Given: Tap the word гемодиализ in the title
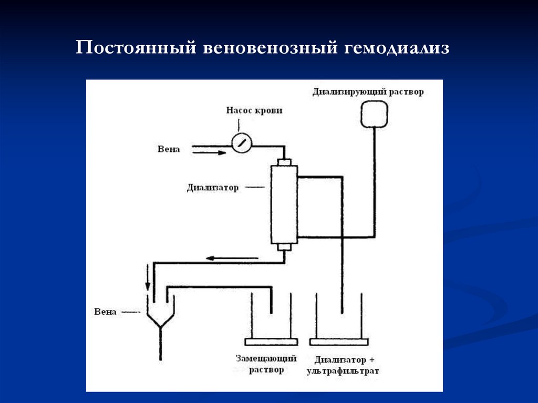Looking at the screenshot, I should tap(397, 49).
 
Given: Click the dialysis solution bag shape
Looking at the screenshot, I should tap(374, 113).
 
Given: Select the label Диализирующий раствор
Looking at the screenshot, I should tap(368, 91).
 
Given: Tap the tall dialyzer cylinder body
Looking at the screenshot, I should tap(284, 204).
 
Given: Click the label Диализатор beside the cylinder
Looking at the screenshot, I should tap(212, 187).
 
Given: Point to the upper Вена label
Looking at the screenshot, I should tap(169, 149).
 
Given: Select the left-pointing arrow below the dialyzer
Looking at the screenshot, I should tap(232, 258).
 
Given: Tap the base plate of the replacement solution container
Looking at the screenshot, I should tap(271, 342).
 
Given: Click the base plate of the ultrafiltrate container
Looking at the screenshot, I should tap(338, 342).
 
